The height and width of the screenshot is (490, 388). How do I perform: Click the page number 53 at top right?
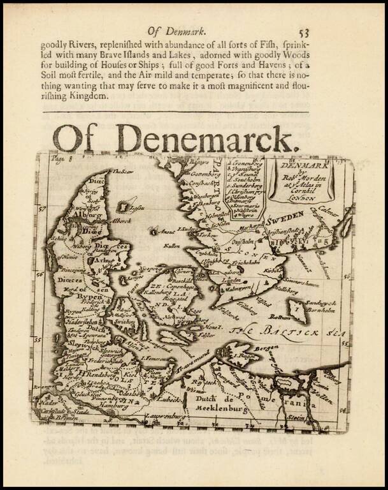coord(303,33)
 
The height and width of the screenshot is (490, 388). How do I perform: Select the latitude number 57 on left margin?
coord(40,209)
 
